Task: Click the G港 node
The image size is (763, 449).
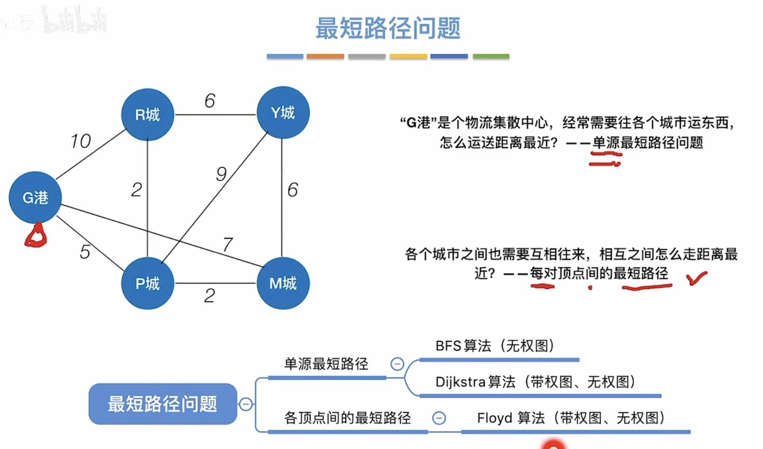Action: point(35,197)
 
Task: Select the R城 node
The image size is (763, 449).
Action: point(147,114)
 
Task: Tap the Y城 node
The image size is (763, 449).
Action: point(283,112)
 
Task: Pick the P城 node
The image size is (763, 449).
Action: point(147,283)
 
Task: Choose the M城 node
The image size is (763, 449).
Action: point(283,283)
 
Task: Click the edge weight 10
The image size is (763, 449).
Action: point(81,141)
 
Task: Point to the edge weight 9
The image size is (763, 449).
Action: point(221,174)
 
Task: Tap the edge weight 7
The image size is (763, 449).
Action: point(227,244)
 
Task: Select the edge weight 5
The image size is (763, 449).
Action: point(85,252)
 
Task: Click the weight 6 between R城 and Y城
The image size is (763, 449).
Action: point(210,101)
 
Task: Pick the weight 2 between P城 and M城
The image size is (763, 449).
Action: point(210,295)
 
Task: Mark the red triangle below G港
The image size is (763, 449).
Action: point(36,236)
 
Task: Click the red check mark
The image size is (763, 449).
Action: point(697,278)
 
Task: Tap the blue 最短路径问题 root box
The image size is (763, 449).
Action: point(163,404)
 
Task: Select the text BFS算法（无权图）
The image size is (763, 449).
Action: point(494,346)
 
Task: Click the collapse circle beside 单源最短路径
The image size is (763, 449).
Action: point(397,364)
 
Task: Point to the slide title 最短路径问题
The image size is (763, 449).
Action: point(388,28)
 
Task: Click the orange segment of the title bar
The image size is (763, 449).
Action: point(325,56)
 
